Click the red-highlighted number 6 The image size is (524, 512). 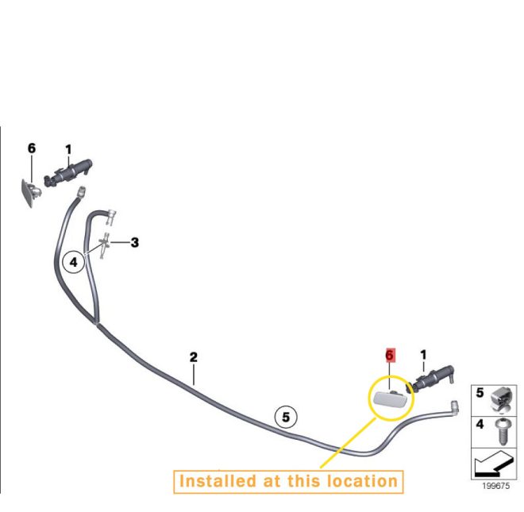(x=389, y=356)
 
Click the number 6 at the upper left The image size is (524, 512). (x=32, y=148)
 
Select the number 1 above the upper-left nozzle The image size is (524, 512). (x=68, y=149)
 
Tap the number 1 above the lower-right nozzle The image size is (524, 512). (x=423, y=355)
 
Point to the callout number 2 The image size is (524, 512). (x=194, y=357)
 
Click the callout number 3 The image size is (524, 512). (x=135, y=242)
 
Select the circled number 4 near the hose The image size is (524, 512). (x=74, y=262)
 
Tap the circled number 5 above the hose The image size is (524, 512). (x=286, y=417)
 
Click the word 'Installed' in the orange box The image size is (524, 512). (x=218, y=481)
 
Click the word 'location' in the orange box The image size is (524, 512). (x=362, y=481)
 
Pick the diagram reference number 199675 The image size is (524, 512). (x=496, y=486)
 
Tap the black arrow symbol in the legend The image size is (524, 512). (x=494, y=464)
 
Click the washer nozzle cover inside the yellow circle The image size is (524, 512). (x=391, y=398)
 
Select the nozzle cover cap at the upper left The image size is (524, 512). (x=31, y=193)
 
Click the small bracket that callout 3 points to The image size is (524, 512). (x=104, y=245)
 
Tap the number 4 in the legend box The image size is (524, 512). (x=480, y=424)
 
